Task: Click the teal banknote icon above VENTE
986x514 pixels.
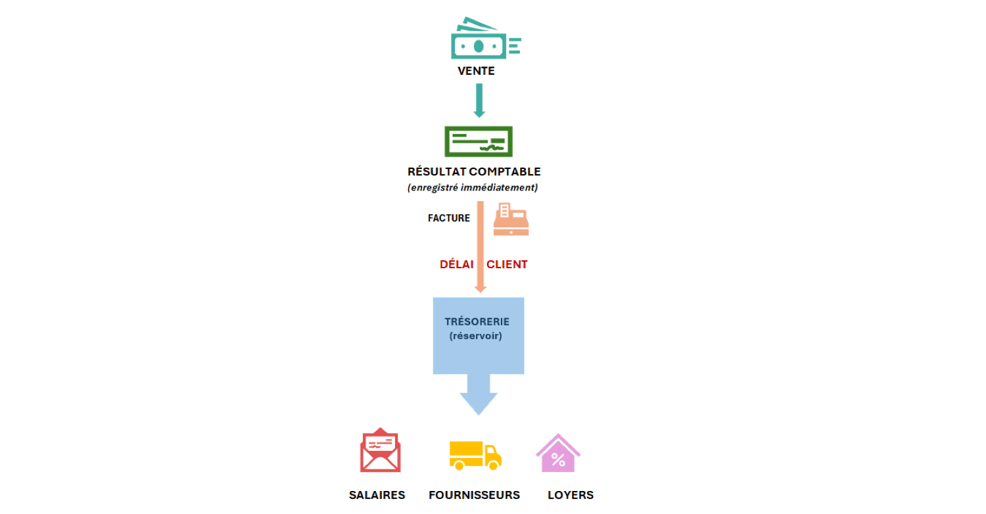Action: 486,38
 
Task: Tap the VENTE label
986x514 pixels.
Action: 477,71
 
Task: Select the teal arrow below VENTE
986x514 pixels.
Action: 479,101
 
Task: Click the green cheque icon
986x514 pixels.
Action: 479,141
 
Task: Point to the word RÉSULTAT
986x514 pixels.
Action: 436,171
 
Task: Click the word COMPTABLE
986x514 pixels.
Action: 505,172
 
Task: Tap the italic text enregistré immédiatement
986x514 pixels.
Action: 473,188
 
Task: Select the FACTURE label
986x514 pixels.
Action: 449,218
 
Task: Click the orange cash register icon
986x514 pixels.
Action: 511,219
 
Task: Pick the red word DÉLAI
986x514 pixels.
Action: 456,264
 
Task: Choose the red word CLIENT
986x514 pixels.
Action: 507,264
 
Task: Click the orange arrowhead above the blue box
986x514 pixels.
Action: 481,289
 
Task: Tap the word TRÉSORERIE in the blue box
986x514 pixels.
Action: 477,321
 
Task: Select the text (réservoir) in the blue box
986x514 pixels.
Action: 475,336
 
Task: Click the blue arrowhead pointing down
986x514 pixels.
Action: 479,404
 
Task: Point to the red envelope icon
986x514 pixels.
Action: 381,450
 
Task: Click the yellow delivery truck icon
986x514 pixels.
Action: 475,456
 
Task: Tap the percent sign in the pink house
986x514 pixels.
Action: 558,460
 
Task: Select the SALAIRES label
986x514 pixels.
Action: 377,495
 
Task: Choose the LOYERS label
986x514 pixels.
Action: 571,495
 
